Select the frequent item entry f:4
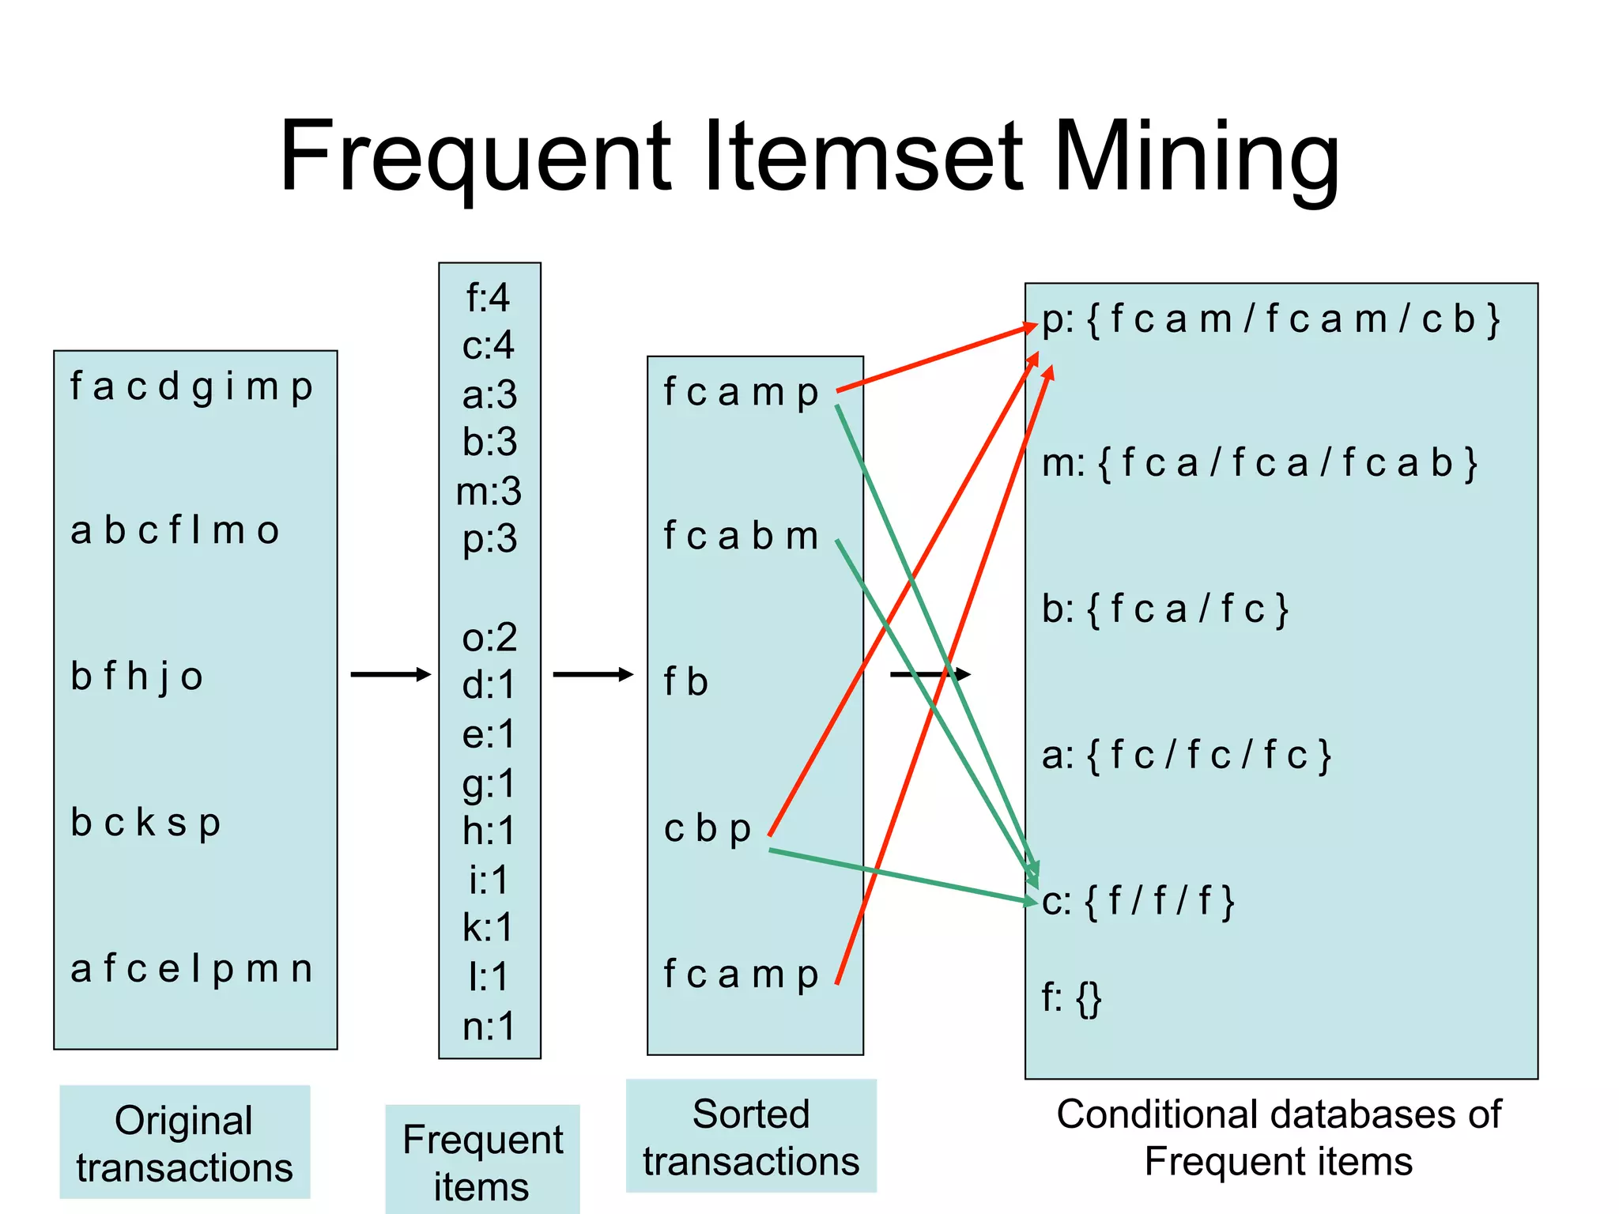coord(489,298)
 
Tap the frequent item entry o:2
coord(489,637)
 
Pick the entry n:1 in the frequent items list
coord(489,1027)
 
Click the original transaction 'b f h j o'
coord(137,677)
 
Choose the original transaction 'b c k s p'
coord(145,823)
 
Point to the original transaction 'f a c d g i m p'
coord(191,387)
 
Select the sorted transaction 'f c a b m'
coord(741,537)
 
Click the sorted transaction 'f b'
coord(685,682)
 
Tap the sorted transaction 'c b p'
coord(707,829)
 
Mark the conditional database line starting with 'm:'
coord(1259,463)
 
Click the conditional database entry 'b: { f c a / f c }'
coord(1165,609)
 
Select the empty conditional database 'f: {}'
coord(1071,998)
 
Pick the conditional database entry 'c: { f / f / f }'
coord(1138,902)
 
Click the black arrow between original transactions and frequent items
coord(391,674)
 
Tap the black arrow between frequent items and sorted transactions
coord(593,674)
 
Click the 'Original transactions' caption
coord(184,1143)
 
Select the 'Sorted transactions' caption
coord(751,1137)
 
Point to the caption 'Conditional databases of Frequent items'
coord(1278,1137)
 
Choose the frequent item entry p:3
coord(489,540)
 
